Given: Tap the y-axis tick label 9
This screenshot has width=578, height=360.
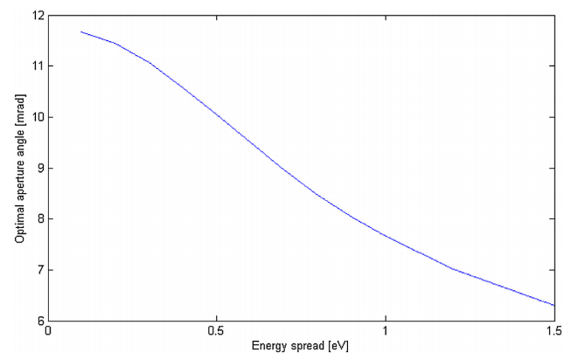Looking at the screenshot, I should pos(38,168).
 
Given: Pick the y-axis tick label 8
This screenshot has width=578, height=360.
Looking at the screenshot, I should pos(38,218).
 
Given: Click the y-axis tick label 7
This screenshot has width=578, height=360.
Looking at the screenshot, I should pos(38,270).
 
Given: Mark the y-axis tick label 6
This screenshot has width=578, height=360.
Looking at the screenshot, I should pos(38,321).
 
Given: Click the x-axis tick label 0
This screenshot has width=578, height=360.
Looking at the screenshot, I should pos(49,333).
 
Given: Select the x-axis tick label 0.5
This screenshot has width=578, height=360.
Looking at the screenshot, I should pos(217,333).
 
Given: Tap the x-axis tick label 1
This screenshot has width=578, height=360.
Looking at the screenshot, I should pos(386,333).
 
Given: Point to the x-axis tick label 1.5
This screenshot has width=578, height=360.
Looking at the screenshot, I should pos(554,333).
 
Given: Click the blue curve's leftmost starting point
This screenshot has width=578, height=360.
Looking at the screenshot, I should pos(81,31).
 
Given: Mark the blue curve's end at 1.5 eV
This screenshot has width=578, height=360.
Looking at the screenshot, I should pos(554,305).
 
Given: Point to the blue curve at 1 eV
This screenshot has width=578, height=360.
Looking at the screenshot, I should pos(386,235).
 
